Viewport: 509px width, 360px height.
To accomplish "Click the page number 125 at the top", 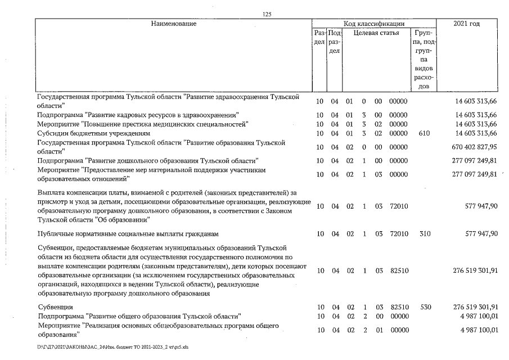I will [x=267, y=15].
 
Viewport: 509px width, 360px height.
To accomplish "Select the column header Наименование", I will [x=173, y=24].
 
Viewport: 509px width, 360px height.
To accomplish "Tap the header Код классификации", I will [x=374, y=24].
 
